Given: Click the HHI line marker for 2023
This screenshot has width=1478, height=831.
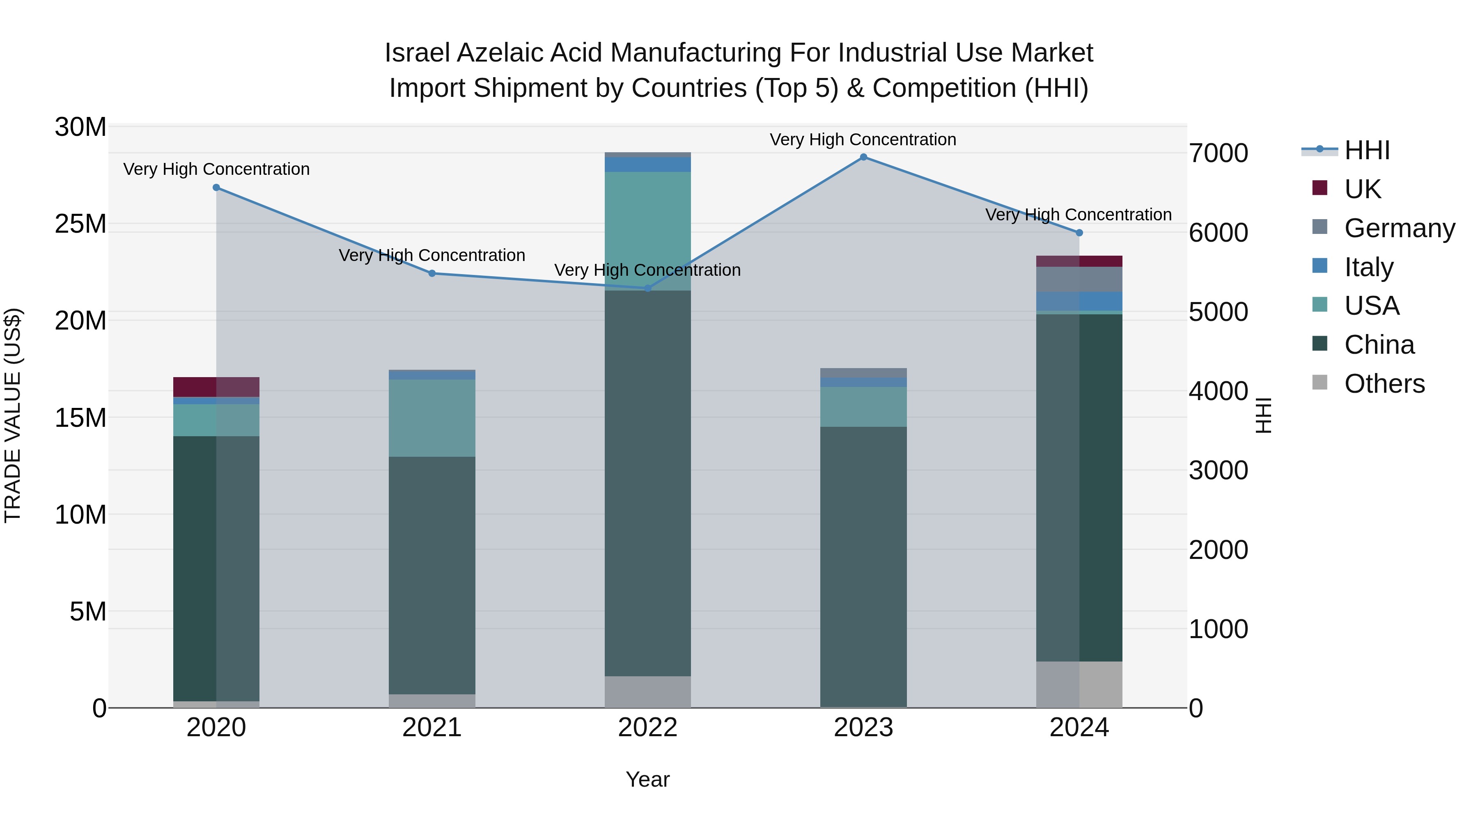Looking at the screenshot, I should [x=863, y=157].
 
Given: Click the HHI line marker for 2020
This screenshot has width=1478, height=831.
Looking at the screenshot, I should [x=216, y=188].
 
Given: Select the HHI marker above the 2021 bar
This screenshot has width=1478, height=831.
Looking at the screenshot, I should [x=432, y=274].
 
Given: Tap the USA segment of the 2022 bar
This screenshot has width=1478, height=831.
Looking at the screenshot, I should [x=648, y=229].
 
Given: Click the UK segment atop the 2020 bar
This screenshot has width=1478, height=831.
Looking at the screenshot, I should [x=216, y=387].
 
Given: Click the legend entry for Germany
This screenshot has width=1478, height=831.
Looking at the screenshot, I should [x=1399, y=228].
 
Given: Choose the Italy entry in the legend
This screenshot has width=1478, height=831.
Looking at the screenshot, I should [x=1368, y=267].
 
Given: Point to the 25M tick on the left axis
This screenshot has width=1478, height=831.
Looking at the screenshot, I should [x=80, y=224].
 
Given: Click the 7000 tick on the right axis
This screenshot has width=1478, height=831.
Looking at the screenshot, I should [x=1218, y=154].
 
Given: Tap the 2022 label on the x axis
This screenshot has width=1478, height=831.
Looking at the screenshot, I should [x=648, y=728].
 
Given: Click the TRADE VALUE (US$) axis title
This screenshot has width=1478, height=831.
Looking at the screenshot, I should [x=13, y=415].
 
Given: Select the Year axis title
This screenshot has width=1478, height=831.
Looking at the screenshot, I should [x=648, y=779].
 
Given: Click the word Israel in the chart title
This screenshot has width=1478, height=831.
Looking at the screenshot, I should [x=417, y=53].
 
